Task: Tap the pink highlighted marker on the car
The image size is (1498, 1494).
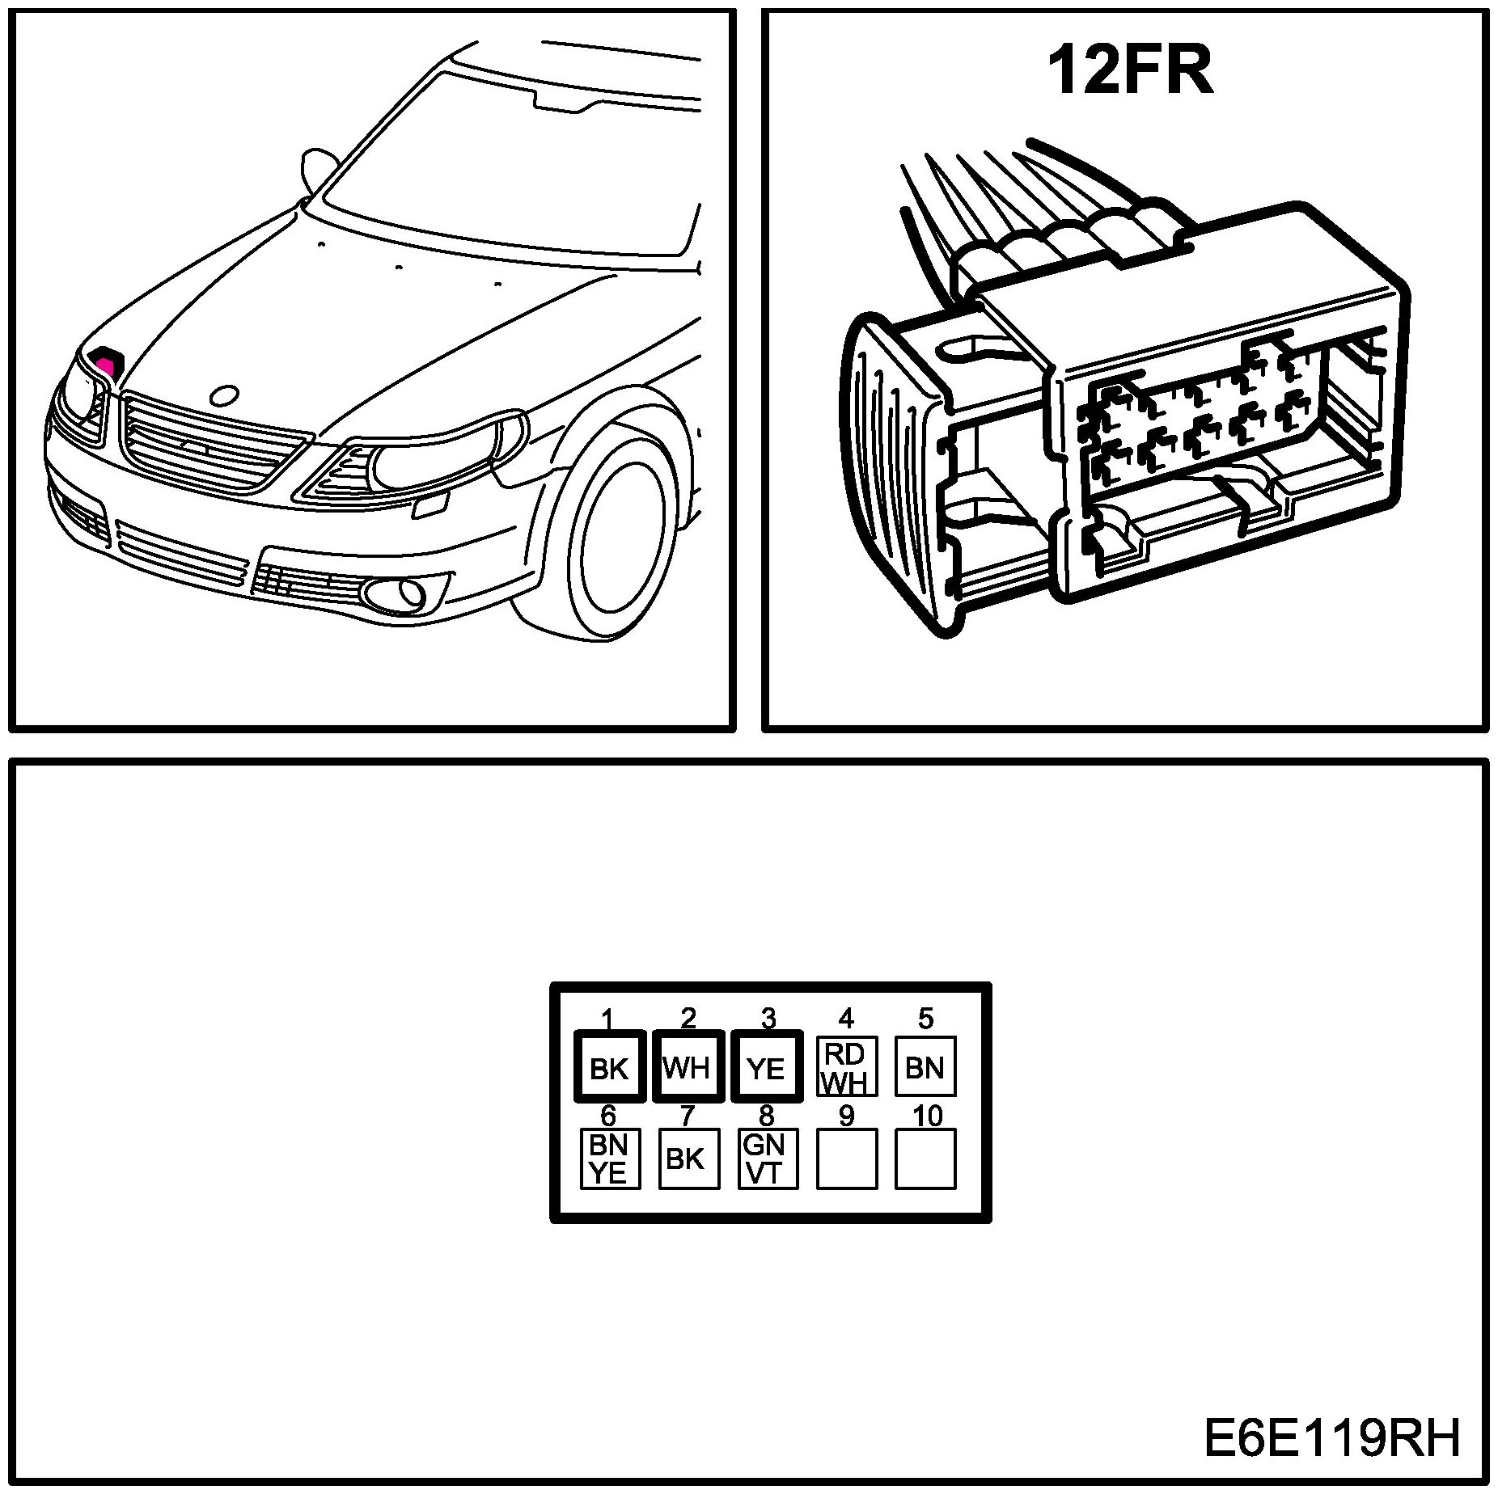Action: point(106,361)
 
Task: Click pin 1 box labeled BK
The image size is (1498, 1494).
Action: point(609,1066)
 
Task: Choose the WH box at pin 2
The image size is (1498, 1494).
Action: point(688,1066)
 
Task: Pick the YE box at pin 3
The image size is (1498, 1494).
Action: point(766,1066)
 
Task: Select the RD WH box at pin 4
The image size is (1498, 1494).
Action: point(846,1066)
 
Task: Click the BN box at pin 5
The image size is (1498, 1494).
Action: point(925,1066)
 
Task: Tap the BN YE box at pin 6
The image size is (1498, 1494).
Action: point(610,1158)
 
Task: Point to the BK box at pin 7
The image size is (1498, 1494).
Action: point(688,1158)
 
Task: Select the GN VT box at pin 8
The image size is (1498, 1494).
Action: point(767,1158)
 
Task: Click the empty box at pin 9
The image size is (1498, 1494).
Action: point(846,1158)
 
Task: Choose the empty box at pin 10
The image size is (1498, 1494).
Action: point(925,1158)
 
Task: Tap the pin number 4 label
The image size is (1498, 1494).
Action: point(846,1017)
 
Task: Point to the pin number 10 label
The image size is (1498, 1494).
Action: point(927,1116)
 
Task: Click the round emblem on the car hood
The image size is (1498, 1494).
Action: point(223,395)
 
